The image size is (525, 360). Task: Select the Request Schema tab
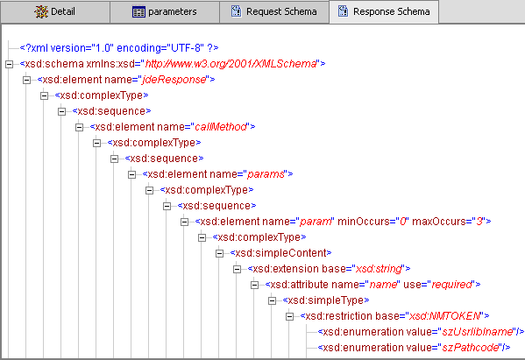[273, 12]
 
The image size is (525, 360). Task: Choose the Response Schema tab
[383, 12]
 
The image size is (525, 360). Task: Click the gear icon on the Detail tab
[39, 12]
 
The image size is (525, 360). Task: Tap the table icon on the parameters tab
[138, 12]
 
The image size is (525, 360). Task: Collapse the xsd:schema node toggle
[8, 63]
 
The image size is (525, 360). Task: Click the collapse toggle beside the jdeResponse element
[26, 79]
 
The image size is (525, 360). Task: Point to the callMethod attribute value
[223, 126]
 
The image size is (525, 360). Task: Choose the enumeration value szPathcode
[468, 347]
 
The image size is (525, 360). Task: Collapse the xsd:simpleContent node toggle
[220, 252]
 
